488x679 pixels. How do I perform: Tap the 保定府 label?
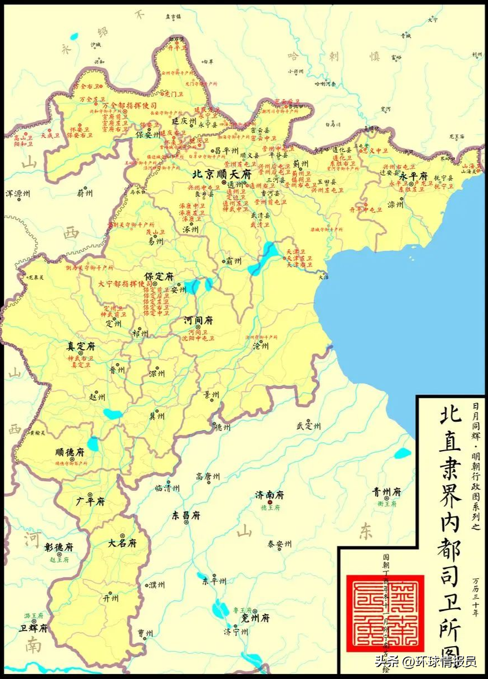point(159,276)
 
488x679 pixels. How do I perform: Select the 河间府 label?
point(199,321)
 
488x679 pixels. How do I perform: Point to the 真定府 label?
point(79,345)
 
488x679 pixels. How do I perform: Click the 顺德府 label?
point(70,452)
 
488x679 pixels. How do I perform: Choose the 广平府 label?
point(91,501)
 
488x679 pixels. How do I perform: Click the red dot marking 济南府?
point(270,502)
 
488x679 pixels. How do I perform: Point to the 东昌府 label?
point(186,516)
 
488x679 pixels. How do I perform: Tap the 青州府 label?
point(387,492)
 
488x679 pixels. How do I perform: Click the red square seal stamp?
point(385,613)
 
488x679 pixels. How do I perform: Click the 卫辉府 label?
point(33,628)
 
